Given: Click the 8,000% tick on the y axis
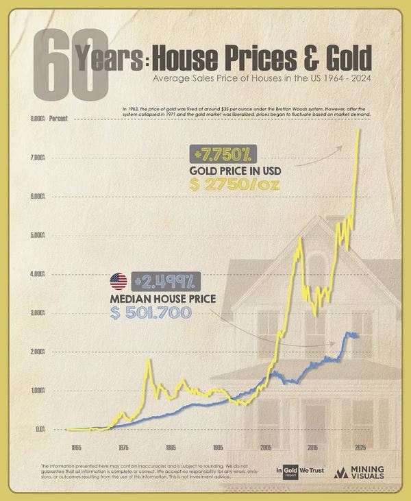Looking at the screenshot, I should point(37,119).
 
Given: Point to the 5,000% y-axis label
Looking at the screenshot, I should point(37,235).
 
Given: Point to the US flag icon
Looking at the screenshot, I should point(119,282).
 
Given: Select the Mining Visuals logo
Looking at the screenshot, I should point(360,473).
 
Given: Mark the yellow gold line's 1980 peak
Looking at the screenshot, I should point(147,359).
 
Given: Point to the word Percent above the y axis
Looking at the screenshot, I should point(60,119).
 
